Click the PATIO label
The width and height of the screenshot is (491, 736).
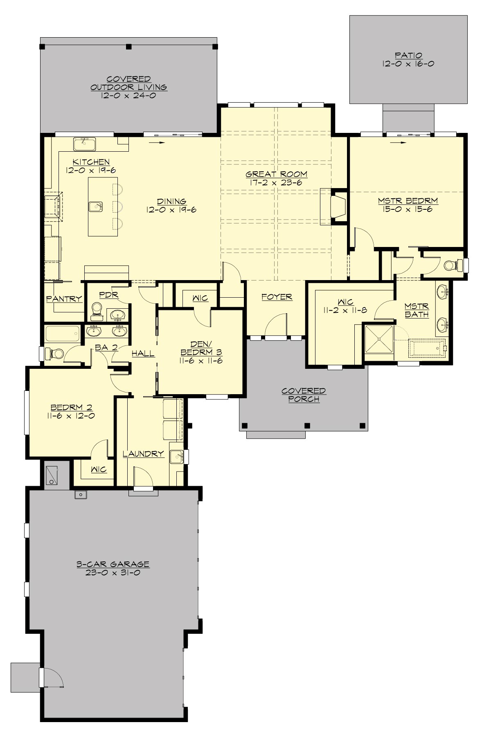click(408, 55)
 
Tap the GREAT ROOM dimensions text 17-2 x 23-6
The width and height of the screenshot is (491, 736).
click(276, 183)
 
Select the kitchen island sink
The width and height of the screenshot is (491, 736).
click(96, 206)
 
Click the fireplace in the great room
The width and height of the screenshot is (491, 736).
click(338, 207)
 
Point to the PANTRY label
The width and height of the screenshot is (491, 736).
click(64, 299)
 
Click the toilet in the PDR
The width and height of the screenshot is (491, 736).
click(97, 310)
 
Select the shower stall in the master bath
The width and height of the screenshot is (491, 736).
click(379, 339)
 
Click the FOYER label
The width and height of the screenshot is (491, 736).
click(277, 297)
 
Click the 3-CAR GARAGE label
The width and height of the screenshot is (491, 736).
click(113, 564)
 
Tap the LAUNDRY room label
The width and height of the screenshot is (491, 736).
click(143, 453)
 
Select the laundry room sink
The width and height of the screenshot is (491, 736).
click(177, 456)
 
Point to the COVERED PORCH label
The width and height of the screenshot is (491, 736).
click(304, 395)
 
